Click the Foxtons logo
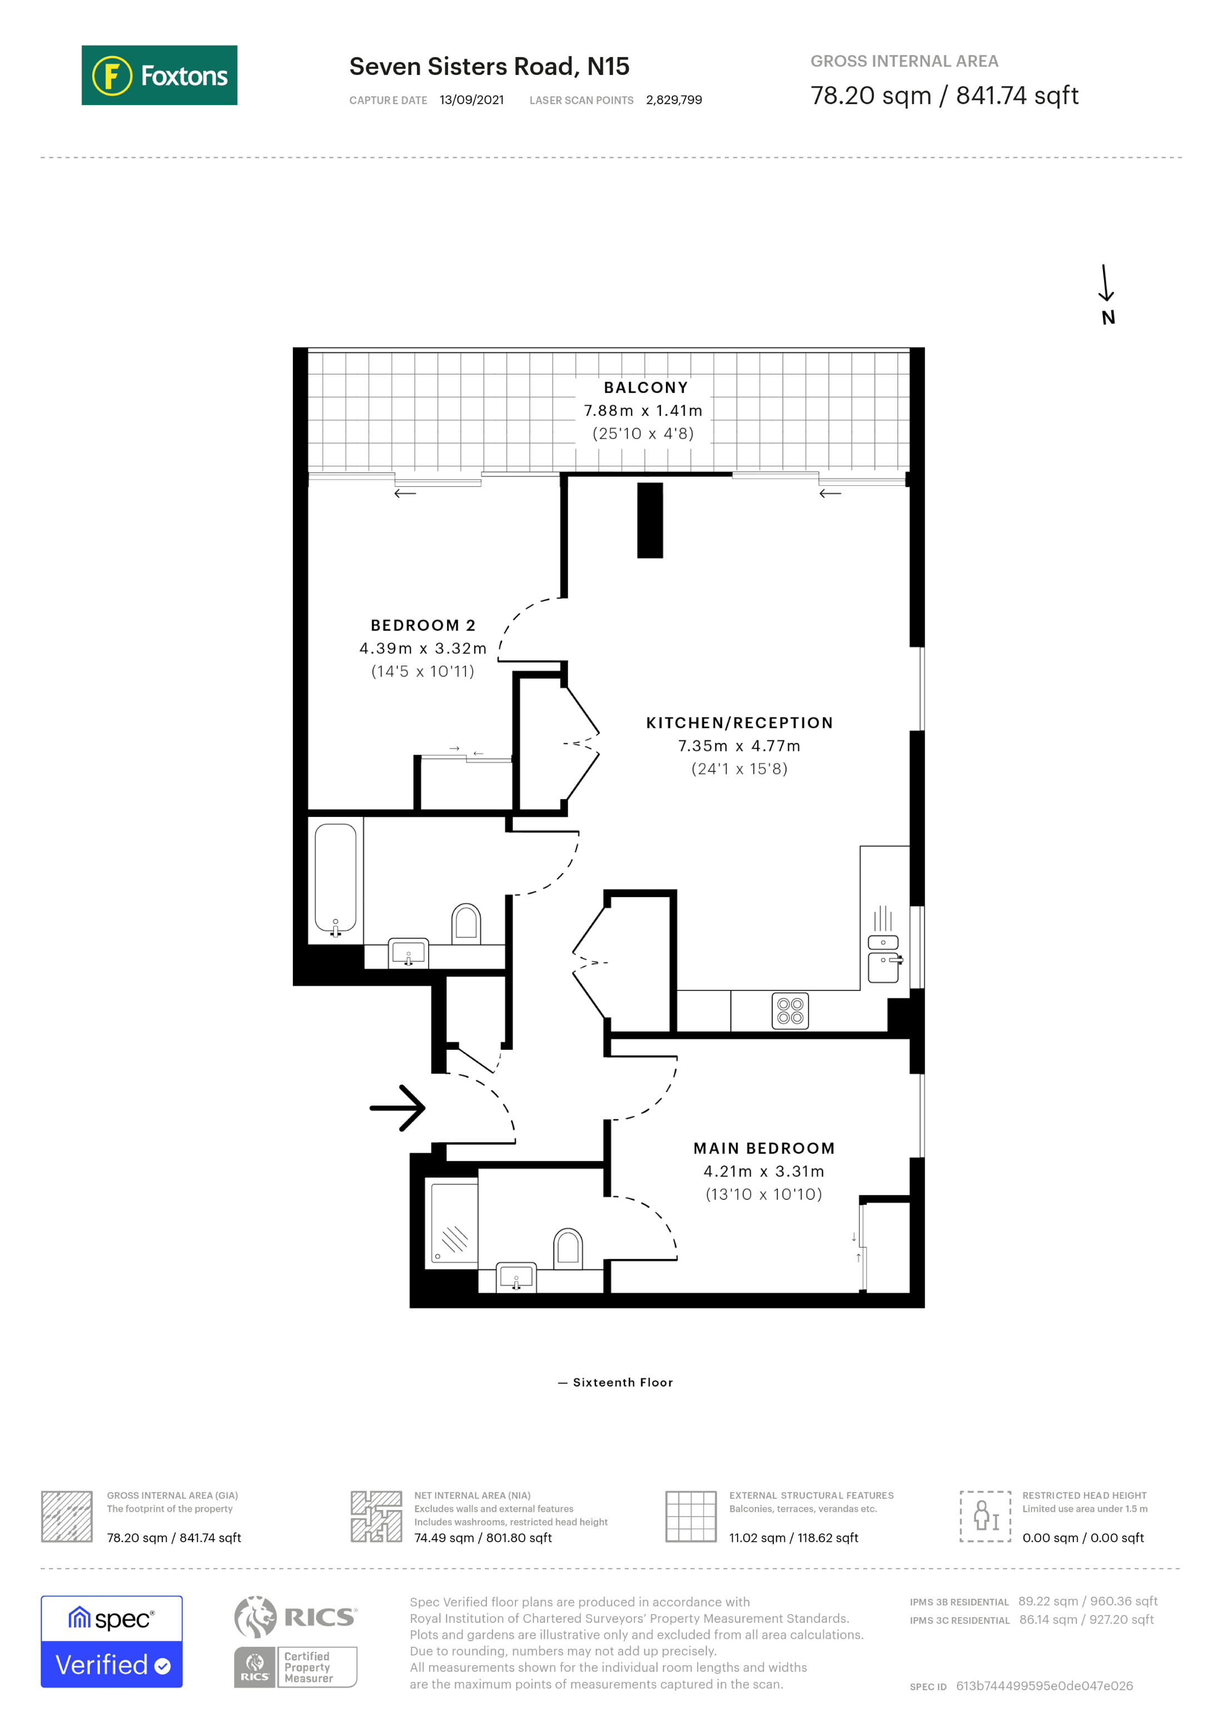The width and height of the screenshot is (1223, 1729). pyautogui.click(x=159, y=75)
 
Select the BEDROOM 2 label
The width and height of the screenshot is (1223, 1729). pyautogui.click(x=422, y=625)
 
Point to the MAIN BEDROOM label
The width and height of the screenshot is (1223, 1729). pyautogui.click(x=764, y=1148)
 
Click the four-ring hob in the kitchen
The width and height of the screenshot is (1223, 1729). pyautogui.click(x=790, y=1010)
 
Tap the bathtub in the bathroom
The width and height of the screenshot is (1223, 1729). pyautogui.click(x=335, y=878)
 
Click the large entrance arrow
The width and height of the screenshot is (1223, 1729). pyautogui.click(x=399, y=1108)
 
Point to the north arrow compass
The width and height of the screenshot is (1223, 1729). pyautogui.click(x=1106, y=293)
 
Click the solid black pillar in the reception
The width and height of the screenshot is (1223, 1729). pyautogui.click(x=649, y=520)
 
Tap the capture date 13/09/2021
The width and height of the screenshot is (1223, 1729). pyautogui.click(x=471, y=100)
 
